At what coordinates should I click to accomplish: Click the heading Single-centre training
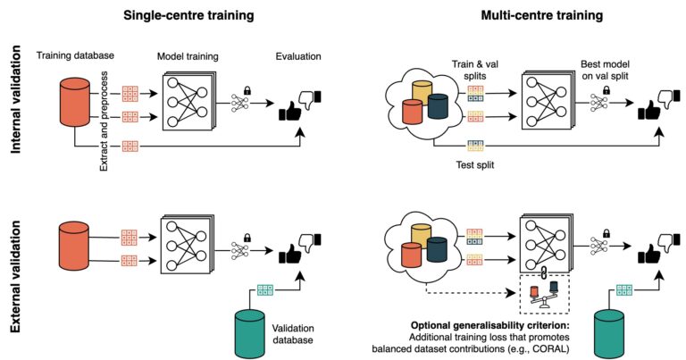(188, 15)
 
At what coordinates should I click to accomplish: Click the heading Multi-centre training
(542, 15)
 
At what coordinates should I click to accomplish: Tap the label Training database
(75, 55)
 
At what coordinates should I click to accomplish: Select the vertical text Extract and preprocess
(105, 121)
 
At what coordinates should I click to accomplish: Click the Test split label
(475, 165)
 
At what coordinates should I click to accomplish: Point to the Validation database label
(293, 334)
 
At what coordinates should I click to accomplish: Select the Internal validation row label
(16, 99)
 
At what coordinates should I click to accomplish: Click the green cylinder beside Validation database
(250, 334)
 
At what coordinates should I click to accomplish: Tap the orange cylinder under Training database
(74, 103)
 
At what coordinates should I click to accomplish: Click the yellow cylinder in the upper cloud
(422, 93)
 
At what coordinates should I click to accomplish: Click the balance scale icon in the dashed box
(544, 295)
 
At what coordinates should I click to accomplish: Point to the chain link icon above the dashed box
(544, 272)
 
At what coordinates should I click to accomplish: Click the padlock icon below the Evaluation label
(247, 90)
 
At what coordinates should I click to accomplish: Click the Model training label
(188, 56)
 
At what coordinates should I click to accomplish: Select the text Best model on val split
(605, 70)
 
